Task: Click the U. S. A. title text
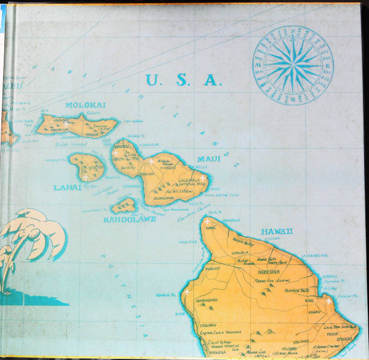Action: (183, 80)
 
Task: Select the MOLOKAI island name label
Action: (85, 105)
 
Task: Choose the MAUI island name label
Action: (208, 159)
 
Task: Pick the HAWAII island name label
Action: (277, 231)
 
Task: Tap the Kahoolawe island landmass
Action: (124, 205)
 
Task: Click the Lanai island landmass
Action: (88, 167)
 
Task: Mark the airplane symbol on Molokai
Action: (66, 122)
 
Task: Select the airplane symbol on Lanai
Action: (85, 177)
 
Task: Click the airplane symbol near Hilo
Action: (328, 302)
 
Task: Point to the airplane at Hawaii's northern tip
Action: (207, 222)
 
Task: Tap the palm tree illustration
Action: (31, 246)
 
